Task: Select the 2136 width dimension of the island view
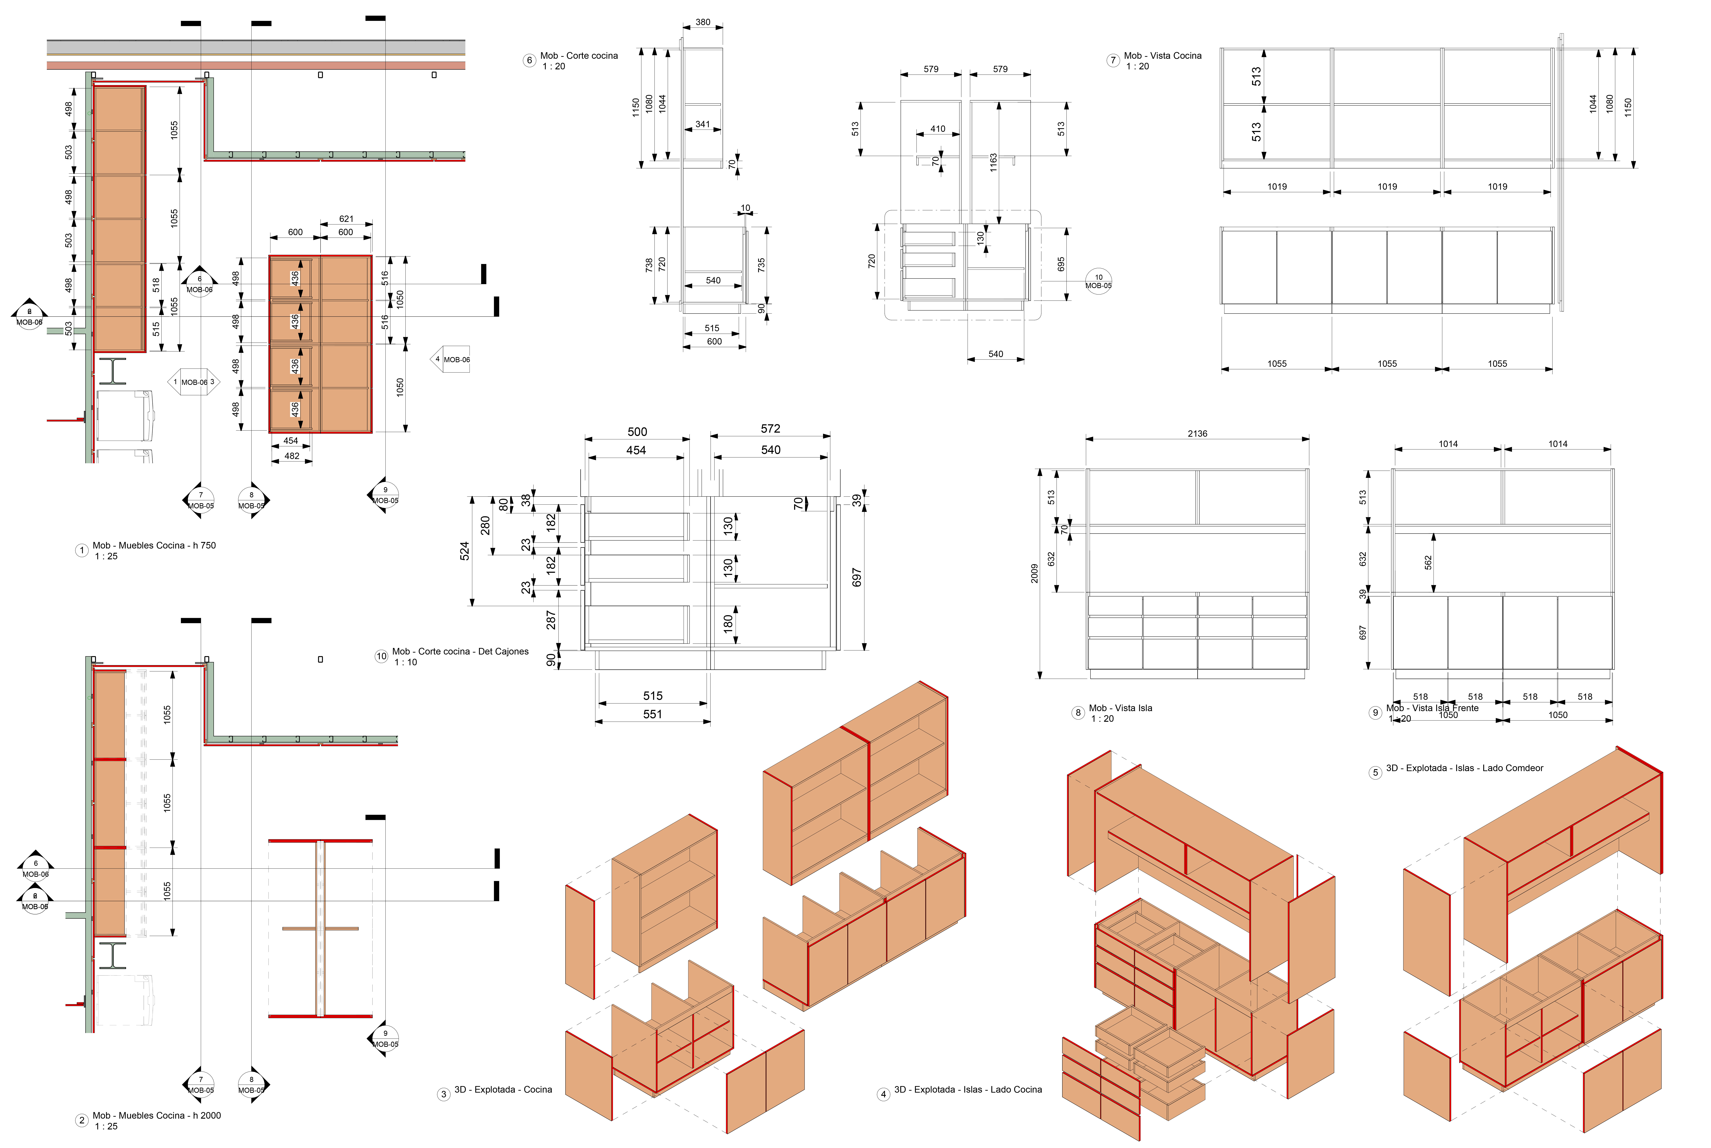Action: pos(1197,434)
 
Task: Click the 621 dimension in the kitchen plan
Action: pos(346,219)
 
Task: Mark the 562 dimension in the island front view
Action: pos(1428,562)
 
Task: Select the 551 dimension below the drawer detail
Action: pos(652,714)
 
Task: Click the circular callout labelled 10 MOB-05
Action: pos(1098,281)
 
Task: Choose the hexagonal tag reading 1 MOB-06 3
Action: pos(194,382)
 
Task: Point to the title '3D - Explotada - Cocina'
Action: pos(503,1089)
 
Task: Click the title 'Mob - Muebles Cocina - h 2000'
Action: pos(156,1115)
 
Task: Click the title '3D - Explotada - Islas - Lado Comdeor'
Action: pos(1464,768)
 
